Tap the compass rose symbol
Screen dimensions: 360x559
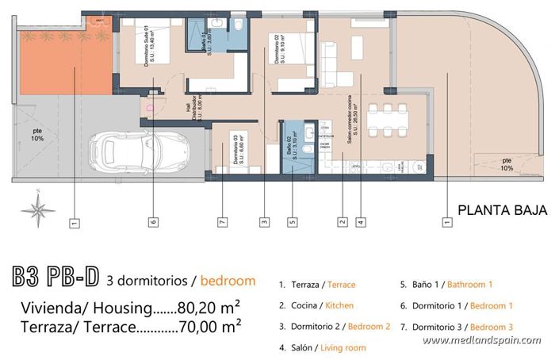click(38, 210)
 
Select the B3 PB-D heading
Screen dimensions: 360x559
click(56, 279)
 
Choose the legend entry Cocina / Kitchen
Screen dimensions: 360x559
click(316, 305)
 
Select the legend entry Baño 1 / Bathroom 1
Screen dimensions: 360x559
click(446, 284)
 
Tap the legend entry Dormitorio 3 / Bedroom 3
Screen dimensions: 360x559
click(457, 326)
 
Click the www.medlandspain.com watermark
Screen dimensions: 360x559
click(482, 341)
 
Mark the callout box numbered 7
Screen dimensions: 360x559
click(223, 223)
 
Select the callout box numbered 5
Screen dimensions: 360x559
click(292, 223)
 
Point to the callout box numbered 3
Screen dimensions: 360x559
click(263, 223)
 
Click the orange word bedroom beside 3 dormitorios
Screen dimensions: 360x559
click(228, 280)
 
